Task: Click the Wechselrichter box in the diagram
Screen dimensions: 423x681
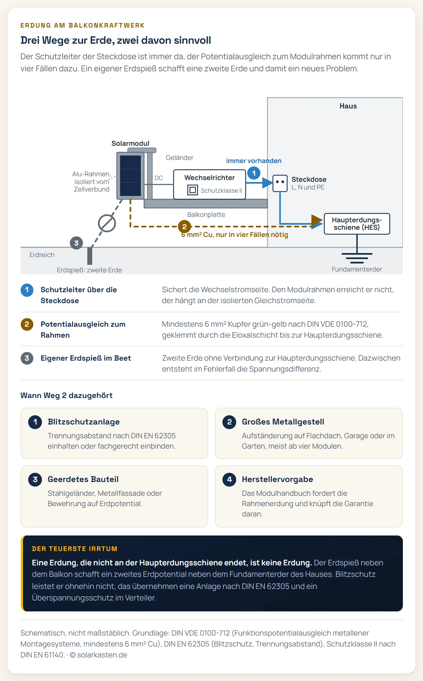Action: point(209,184)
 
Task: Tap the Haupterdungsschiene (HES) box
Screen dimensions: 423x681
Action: point(357,224)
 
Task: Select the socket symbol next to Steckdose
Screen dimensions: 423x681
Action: point(280,183)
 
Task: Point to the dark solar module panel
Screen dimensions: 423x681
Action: point(130,175)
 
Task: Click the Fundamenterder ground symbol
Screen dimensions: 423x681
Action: point(357,258)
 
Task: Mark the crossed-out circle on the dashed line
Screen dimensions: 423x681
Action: point(107,223)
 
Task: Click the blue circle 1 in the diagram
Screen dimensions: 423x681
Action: point(254,173)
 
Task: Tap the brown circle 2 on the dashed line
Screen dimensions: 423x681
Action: point(184,227)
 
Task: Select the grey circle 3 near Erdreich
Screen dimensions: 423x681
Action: point(76,243)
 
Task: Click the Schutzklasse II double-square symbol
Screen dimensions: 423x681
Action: point(193,190)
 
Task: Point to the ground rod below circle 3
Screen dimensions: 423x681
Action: point(90,256)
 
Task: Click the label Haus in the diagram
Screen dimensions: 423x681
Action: point(348,106)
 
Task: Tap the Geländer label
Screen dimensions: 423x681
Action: point(180,158)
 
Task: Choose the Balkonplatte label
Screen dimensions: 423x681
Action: point(206,215)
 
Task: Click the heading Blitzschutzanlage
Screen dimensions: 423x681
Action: point(84,422)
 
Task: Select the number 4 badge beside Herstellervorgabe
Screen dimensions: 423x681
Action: point(229,479)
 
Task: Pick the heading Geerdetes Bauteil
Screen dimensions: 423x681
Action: point(83,479)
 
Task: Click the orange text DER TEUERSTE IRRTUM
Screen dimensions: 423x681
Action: point(75,549)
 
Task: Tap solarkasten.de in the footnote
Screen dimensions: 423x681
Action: point(102,655)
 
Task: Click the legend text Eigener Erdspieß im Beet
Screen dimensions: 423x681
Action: point(86,358)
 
